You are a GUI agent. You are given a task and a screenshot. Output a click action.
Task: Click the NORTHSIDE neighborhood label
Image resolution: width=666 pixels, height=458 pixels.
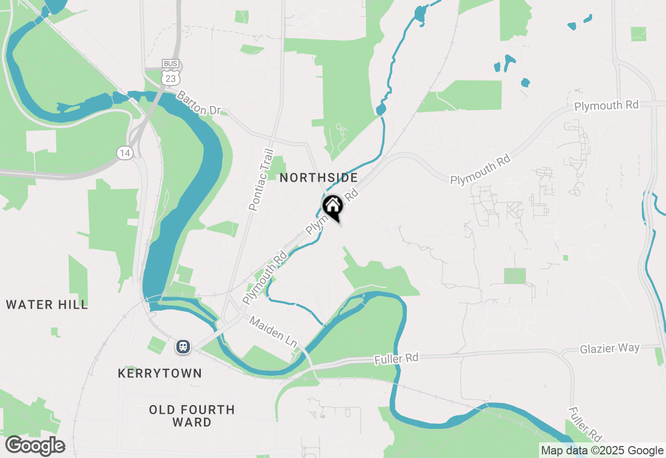click(x=318, y=178)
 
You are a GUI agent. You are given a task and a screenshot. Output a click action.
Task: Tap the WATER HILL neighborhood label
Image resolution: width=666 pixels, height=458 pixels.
click(x=47, y=305)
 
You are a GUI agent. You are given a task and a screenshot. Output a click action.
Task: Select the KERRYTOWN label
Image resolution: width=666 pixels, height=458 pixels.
click(x=160, y=374)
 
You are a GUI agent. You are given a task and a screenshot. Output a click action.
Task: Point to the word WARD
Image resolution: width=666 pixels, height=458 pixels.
click(x=192, y=422)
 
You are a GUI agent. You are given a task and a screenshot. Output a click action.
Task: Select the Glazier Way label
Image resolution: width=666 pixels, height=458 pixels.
click(x=610, y=349)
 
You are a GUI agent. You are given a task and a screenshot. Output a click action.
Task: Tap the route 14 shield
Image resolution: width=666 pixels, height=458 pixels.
click(x=124, y=152)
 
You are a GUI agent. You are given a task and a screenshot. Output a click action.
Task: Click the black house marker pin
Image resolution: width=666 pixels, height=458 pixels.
click(x=332, y=207)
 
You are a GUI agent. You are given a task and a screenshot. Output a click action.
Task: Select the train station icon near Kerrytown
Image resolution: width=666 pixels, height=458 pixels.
click(x=183, y=346)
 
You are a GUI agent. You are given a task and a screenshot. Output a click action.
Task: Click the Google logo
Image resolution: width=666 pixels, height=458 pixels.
click(x=35, y=446)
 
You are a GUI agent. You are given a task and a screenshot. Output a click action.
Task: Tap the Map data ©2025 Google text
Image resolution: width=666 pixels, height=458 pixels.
click(x=602, y=451)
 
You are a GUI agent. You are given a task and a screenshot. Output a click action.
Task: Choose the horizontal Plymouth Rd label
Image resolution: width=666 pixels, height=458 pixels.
click(x=606, y=105)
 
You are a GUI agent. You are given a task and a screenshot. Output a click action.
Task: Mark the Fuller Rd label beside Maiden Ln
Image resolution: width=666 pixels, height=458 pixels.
click(x=396, y=359)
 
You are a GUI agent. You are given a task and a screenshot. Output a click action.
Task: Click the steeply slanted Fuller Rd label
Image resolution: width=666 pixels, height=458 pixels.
click(x=585, y=424)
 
